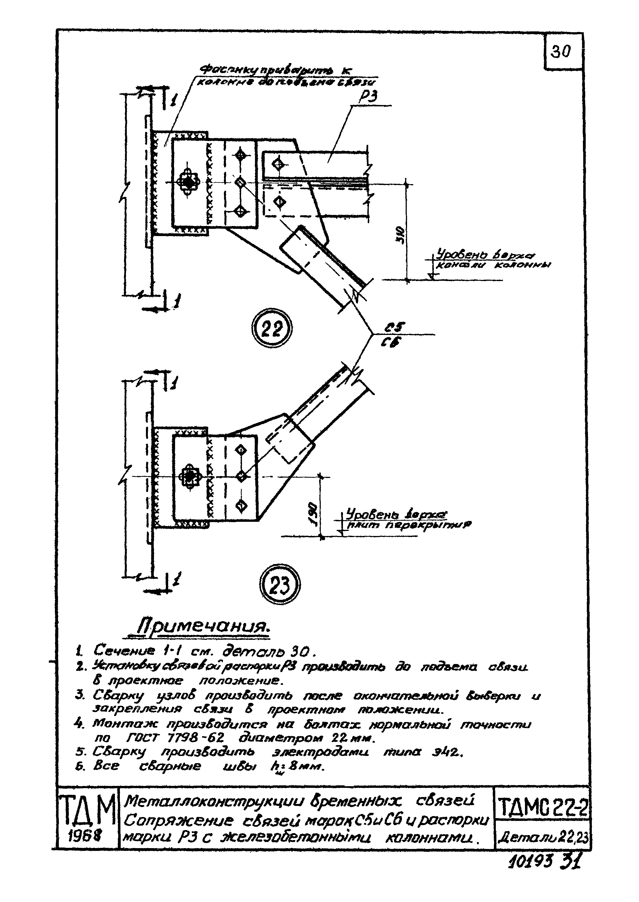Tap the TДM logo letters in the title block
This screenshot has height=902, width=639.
click(x=87, y=811)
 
